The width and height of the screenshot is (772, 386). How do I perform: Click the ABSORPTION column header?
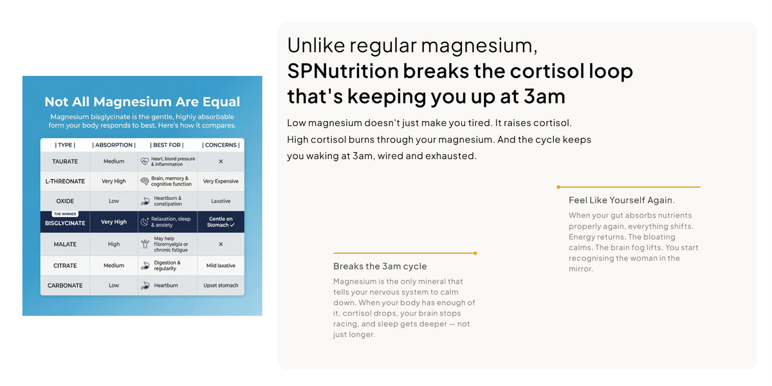(x=114, y=145)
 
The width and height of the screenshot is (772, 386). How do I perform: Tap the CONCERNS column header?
(x=221, y=145)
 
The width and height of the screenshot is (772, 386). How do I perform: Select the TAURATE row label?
(x=65, y=161)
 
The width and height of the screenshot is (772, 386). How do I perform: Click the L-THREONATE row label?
(x=65, y=181)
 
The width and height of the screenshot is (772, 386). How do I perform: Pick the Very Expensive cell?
(x=221, y=181)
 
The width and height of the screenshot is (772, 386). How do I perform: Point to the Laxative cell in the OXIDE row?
(x=221, y=201)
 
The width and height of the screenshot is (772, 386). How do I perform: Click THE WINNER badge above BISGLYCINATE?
(x=65, y=214)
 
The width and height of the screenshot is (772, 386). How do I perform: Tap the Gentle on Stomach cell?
(x=221, y=222)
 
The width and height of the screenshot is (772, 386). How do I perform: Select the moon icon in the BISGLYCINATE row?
(x=145, y=222)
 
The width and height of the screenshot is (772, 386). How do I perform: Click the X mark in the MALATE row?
(x=221, y=244)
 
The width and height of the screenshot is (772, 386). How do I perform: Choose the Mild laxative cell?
(x=221, y=265)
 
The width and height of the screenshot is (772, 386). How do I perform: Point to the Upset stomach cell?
(x=221, y=286)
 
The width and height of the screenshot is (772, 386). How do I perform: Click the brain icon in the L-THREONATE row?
(x=145, y=181)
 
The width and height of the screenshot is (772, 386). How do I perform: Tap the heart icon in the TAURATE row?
(x=145, y=161)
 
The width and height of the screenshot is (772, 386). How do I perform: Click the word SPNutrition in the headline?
(x=343, y=71)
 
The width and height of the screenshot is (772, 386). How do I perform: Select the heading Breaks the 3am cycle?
(x=380, y=266)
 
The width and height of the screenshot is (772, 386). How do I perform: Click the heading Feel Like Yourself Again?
(x=621, y=200)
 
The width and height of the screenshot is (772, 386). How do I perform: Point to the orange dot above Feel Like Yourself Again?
(x=558, y=187)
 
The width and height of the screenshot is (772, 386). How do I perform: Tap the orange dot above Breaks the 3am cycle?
(x=475, y=253)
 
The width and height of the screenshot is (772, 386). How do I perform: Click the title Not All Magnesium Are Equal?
(x=142, y=102)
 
